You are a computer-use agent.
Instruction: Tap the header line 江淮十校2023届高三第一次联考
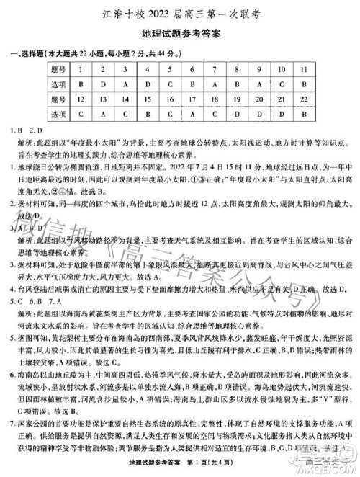[180, 12]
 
